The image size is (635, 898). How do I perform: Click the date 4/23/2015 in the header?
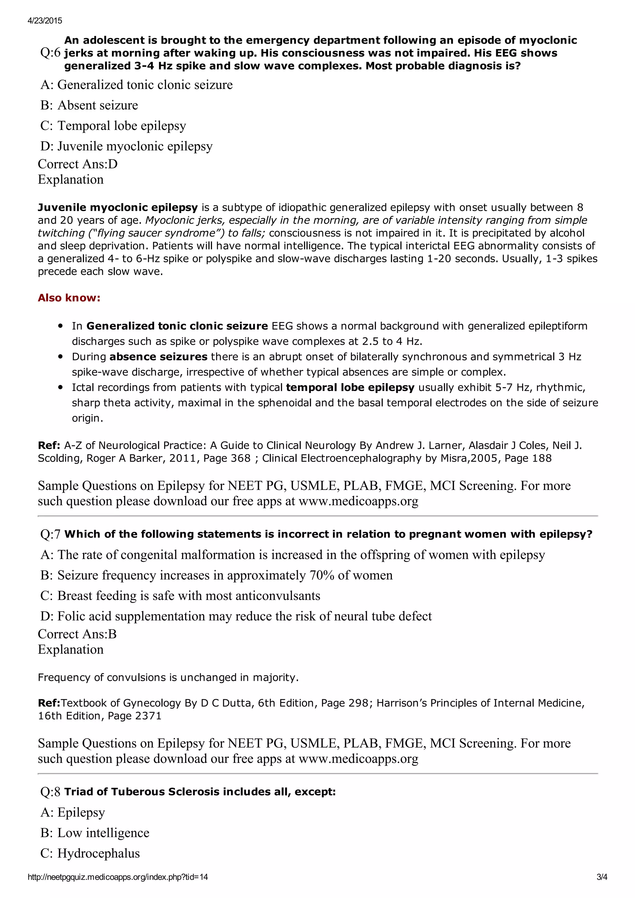coord(45,21)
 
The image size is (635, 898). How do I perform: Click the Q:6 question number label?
coord(51,53)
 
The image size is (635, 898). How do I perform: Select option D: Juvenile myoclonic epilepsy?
coord(127,146)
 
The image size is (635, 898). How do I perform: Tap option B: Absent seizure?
coord(89,105)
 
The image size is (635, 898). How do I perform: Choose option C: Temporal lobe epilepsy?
coord(113,126)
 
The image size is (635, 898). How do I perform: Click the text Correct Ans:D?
coord(78,164)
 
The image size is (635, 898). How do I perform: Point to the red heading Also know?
coord(69,298)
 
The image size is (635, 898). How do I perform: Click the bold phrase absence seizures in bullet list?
coord(158,357)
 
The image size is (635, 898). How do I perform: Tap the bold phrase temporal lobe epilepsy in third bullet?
coord(350,387)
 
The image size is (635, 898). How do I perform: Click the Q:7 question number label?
coord(51,534)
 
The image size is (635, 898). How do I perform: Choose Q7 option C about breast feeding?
coord(180,596)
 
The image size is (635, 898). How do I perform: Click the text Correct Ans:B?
coord(77,634)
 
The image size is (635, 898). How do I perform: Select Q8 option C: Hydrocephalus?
coord(90,853)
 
